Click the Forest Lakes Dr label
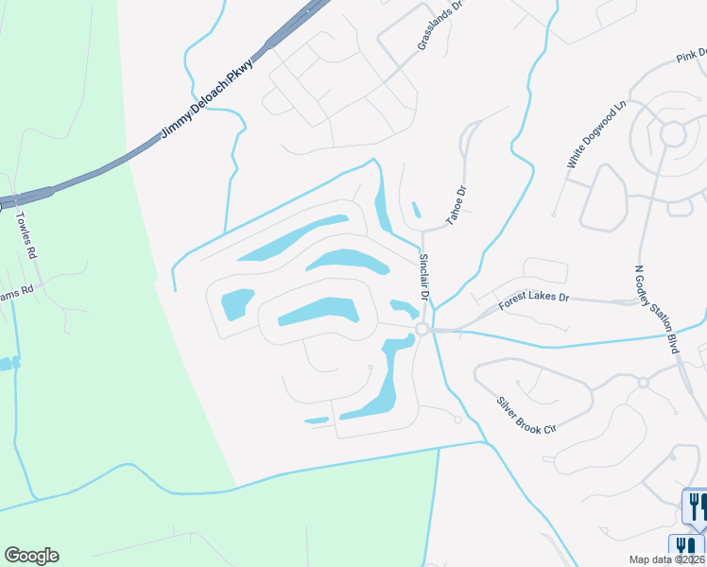coord(534,297)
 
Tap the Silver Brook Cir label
coord(526,415)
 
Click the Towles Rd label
coord(26,235)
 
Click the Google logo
coord(31,556)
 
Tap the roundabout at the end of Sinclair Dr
coord(422,329)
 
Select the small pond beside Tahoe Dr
coord(416,210)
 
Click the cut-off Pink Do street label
coord(690,59)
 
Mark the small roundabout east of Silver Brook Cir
coord(642,383)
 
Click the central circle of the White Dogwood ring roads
coord(673,134)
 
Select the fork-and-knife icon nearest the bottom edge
coord(688,548)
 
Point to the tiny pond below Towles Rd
coord(9,364)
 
